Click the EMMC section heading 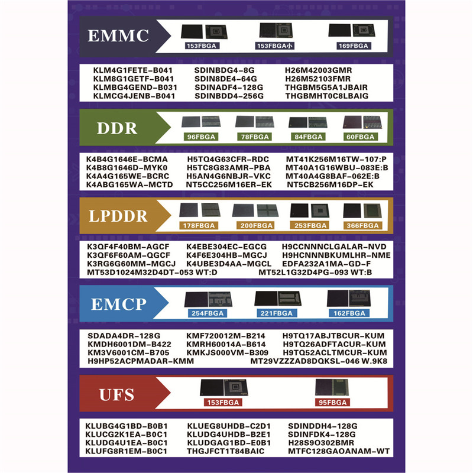point(118,35)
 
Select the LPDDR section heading point(118,216)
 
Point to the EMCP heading point(118,304)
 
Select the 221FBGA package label point(277,313)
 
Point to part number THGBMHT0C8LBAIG point(326,96)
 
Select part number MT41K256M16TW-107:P point(336,159)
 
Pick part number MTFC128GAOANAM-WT point(339,451)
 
